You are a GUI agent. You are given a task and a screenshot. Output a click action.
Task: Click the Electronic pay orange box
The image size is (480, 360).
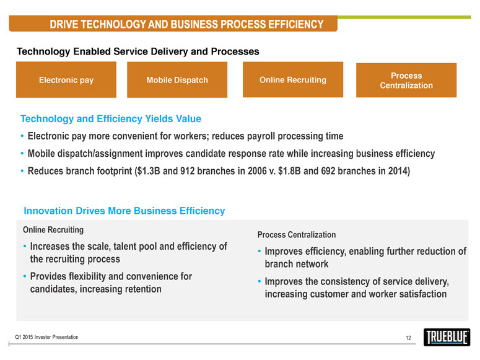point(66,80)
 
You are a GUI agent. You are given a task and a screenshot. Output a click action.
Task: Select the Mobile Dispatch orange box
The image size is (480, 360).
point(177,80)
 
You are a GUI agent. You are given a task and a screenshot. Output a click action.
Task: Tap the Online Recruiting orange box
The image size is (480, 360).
point(293,80)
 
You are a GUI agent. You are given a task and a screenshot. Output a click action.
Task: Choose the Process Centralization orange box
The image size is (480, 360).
point(406,81)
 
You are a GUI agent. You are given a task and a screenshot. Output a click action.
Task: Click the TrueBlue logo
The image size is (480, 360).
point(447,337)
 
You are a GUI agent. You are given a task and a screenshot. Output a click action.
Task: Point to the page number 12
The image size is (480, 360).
point(408,338)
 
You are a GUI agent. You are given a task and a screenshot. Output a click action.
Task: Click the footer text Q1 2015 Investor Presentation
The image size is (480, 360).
point(46,337)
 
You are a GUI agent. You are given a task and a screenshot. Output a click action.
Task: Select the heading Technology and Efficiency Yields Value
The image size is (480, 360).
point(111,118)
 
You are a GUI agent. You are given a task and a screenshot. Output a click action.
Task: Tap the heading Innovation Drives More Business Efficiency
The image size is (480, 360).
point(124,211)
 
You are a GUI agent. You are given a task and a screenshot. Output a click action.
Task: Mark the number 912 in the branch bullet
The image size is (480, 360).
point(187,171)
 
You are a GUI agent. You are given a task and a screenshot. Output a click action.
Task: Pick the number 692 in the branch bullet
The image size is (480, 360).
point(328,171)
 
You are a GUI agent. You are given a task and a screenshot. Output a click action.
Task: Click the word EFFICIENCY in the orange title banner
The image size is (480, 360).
point(295,24)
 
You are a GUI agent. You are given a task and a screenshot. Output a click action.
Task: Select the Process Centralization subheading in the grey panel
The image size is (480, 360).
point(297,235)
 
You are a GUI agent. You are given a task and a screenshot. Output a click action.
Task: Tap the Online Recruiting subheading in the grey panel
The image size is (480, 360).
point(53,230)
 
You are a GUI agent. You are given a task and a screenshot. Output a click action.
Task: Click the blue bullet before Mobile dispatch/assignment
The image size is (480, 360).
point(22,154)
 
